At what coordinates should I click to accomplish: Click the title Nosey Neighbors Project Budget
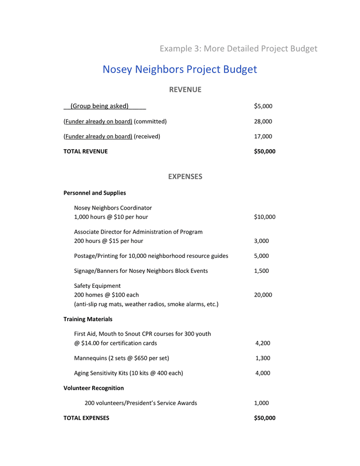tap(179, 69)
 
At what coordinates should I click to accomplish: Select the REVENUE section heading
tap(185, 90)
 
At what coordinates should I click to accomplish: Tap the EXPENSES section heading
tap(185, 177)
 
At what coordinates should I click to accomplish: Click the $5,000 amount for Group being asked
tap(263, 106)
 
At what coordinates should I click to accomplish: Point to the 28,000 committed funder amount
tap(263, 121)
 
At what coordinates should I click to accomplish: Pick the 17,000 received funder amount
tap(263, 136)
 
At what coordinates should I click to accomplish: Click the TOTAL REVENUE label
tap(85, 151)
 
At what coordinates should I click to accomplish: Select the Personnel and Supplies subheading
tap(95, 193)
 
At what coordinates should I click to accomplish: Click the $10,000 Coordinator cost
tap(264, 217)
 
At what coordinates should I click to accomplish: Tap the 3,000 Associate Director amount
tap(261, 241)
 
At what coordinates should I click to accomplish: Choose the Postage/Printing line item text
tap(151, 256)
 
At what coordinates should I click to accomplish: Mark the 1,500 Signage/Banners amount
tap(261, 271)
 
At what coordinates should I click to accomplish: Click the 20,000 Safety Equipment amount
tap(263, 295)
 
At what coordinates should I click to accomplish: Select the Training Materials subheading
tap(88, 319)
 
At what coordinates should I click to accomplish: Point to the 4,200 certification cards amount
tap(263, 343)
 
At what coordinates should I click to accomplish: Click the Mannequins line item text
tap(122, 358)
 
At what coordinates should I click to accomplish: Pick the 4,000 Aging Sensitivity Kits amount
tap(263, 373)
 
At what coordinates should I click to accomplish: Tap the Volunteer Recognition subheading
tap(94, 388)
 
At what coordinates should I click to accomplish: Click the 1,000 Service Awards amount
tap(261, 403)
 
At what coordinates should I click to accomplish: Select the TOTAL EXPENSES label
tap(86, 418)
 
